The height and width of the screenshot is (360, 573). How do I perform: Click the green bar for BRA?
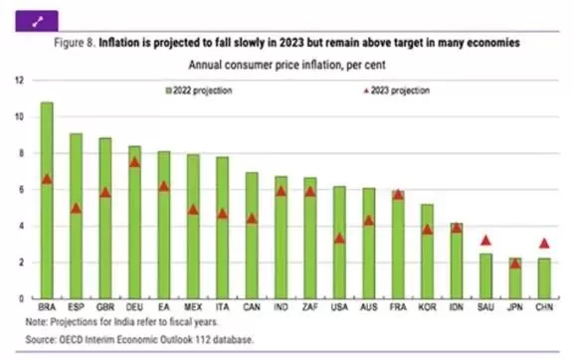pyautogui.click(x=47, y=200)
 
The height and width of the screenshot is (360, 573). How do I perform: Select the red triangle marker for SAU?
pyautogui.click(x=485, y=241)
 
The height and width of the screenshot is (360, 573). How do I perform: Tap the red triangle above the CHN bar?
pyautogui.click(x=544, y=244)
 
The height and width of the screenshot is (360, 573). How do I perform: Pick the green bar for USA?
pyautogui.click(x=339, y=243)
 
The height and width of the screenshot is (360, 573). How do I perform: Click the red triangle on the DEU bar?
pyautogui.click(x=135, y=163)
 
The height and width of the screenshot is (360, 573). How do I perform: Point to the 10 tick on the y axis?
pyautogui.click(x=19, y=117)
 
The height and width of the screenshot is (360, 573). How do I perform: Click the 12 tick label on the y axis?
pyautogui.click(x=19, y=80)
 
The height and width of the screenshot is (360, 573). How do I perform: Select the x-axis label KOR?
pyautogui.click(x=427, y=307)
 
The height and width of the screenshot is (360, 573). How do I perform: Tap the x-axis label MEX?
pyautogui.click(x=193, y=307)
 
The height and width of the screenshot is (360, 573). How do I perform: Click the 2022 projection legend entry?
pyautogui.click(x=199, y=90)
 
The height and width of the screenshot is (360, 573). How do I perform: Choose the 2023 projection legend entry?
pyautogui.click(x=397, y=90)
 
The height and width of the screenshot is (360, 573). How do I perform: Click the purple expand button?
pyautogui.click(x=37, y=21)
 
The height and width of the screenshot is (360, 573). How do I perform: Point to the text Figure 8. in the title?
pyautogui.click(x=75, y=43)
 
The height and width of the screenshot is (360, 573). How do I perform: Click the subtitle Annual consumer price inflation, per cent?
pyautogui.click(x=286, y=65)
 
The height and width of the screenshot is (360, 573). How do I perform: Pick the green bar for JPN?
pyautogui.click(x=515, y=278)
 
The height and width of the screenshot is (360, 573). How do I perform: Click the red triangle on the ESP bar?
pyautogui.click(x=76, y=208)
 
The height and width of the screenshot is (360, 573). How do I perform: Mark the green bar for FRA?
pyautogui.click(x=398, y=245)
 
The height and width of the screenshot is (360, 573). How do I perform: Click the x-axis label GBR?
pyautogui.click(x=105, y=307)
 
